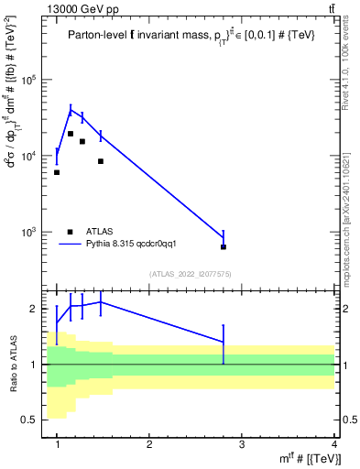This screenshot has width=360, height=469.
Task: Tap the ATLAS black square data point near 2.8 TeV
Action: coord(224,246)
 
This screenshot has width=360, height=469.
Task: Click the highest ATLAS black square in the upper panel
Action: coord(71,134)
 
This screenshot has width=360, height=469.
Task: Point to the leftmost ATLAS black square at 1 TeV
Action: coord(57,172)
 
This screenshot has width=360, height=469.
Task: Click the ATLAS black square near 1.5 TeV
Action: coord(101,161)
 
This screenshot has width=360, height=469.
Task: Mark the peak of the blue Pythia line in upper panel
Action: coord(71,110)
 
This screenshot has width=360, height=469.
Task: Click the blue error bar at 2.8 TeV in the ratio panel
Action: coord(224,343)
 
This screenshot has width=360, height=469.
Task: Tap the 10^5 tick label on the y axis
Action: coord(29,80)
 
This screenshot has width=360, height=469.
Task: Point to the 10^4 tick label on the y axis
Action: coord(29,156)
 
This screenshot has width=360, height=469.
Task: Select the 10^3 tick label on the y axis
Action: coord(29,232)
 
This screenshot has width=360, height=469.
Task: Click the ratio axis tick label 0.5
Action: coord(34,420)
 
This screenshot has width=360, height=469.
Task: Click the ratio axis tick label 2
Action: coord(38,309)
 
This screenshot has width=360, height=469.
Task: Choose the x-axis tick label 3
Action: coord(242,444)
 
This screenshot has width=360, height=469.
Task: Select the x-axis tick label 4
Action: coord(334,444)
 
